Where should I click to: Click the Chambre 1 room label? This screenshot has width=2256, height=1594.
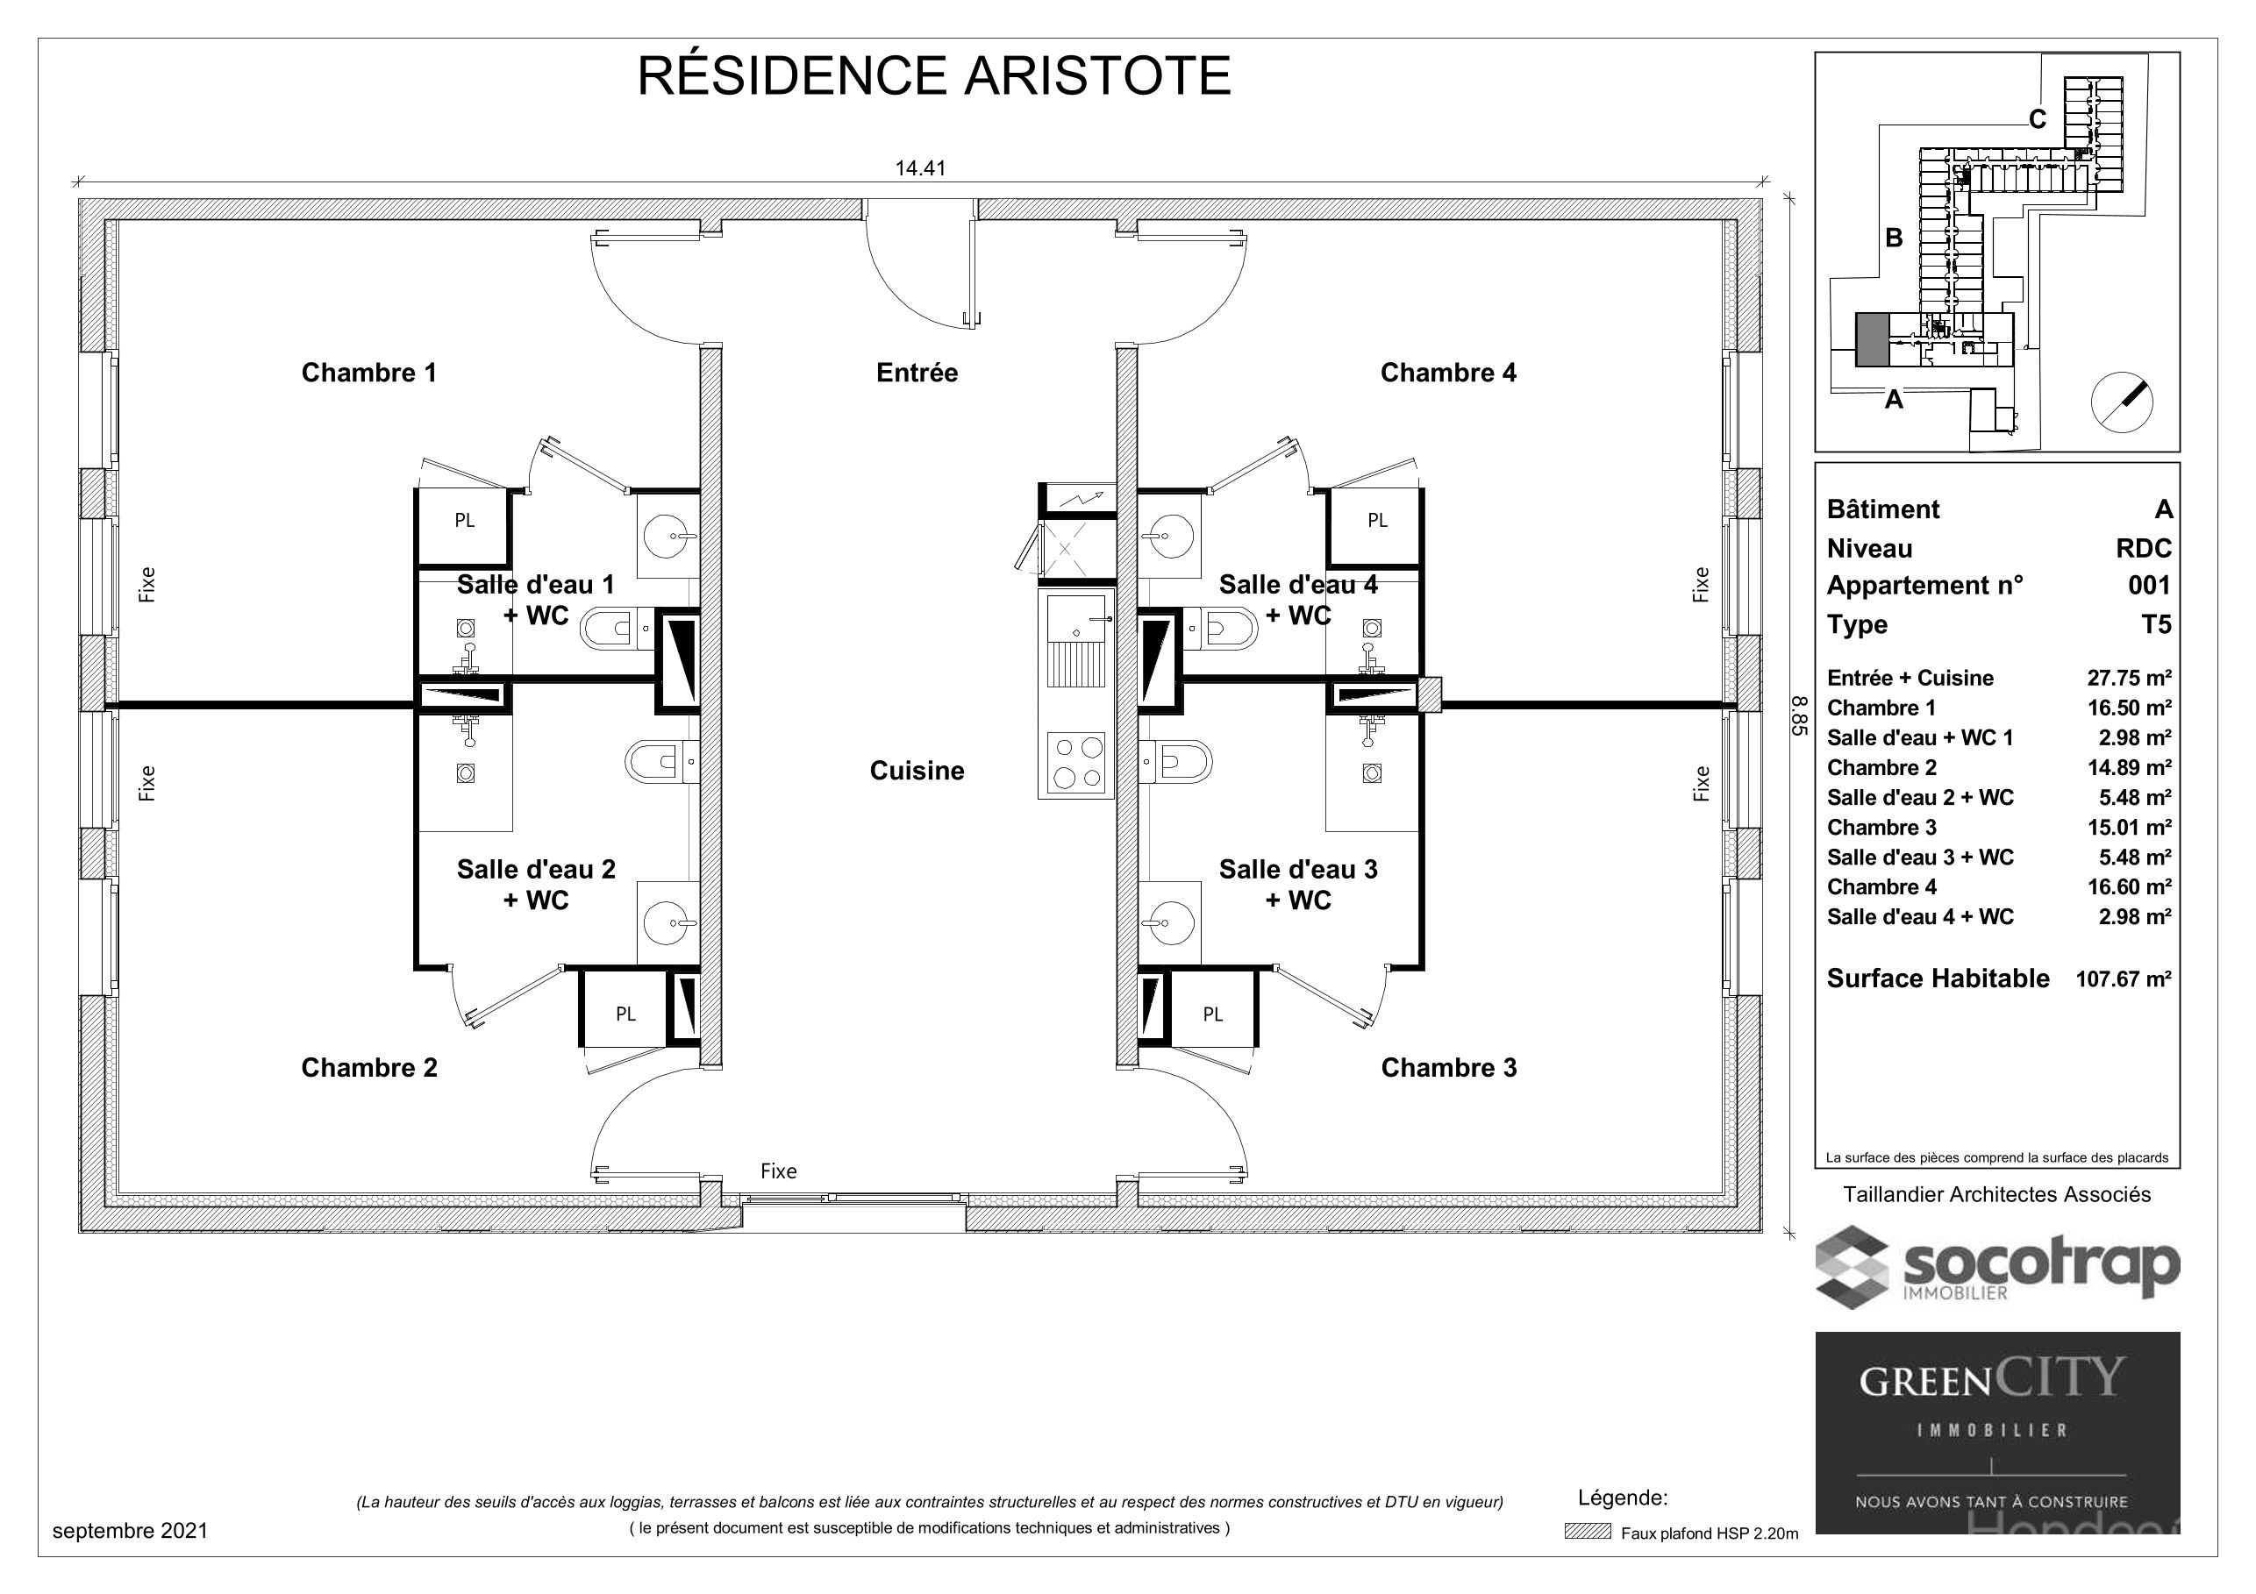point(368,374)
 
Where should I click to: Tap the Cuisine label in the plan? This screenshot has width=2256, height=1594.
point(917,771)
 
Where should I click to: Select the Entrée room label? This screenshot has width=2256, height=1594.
point(917,374)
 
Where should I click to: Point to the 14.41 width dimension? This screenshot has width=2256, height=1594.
point(920,168)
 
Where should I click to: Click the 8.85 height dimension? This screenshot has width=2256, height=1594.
point(1799,716)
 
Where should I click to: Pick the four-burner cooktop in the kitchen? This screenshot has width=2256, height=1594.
point(1077,763)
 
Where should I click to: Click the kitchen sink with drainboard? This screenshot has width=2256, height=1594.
point(1077,640)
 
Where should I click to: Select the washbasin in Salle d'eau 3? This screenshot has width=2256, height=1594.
point(1169,923)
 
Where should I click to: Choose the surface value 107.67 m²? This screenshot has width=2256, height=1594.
point(2124,979)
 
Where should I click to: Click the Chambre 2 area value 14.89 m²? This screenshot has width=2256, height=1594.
point(2129,768)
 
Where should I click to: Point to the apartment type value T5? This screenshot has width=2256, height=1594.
point(2156,624)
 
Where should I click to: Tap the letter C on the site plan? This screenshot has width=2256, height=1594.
point(2038,120)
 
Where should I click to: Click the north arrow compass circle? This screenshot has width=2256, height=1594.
point(2122,402)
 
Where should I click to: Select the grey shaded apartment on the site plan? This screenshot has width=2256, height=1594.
point(1872,340)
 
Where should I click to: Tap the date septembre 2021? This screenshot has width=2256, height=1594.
point(130,1531)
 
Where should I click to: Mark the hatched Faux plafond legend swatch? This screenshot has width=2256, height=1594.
point(1588,1532)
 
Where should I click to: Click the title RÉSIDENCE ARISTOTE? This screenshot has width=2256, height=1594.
point(933,76)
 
